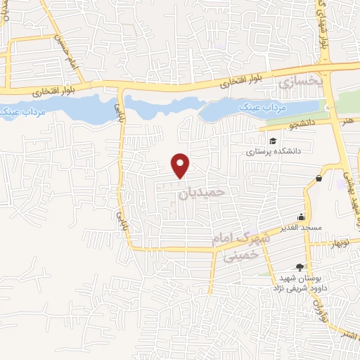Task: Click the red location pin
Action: [181, 165]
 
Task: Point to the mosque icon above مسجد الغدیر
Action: [301, 217]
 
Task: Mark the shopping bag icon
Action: [319, 179]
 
